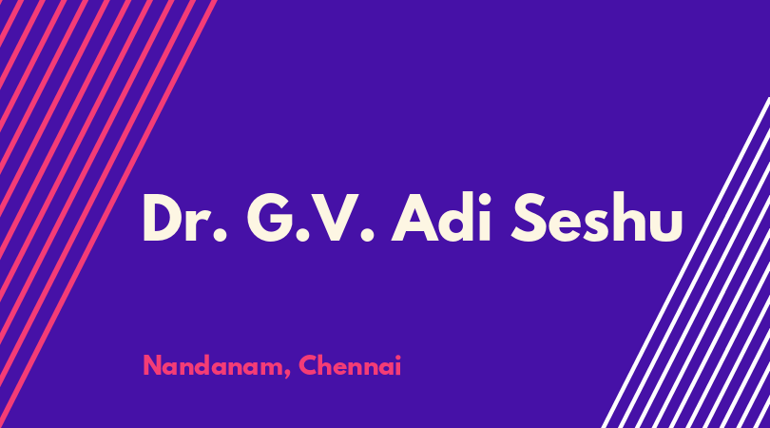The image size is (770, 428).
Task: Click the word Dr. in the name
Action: coord(184,218)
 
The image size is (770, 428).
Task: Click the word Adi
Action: coord(441,217)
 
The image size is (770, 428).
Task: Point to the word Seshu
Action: coord(597,217)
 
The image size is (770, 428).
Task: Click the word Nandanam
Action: coord(213,366)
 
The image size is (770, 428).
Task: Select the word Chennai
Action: coord(350,365)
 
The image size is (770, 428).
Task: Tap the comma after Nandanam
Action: coord(287,375)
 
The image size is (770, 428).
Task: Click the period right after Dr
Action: coord(221,235)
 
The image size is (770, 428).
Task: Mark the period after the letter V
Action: coord(367,235)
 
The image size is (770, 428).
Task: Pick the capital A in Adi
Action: coord(415,218)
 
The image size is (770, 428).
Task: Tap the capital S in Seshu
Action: coord(529,218)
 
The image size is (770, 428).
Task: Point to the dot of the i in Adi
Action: coord(485,197)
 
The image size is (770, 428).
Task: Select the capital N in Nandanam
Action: coord(152,365)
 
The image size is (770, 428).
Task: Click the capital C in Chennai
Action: coord(308,365)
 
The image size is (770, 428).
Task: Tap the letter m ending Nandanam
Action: coord(273,369)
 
